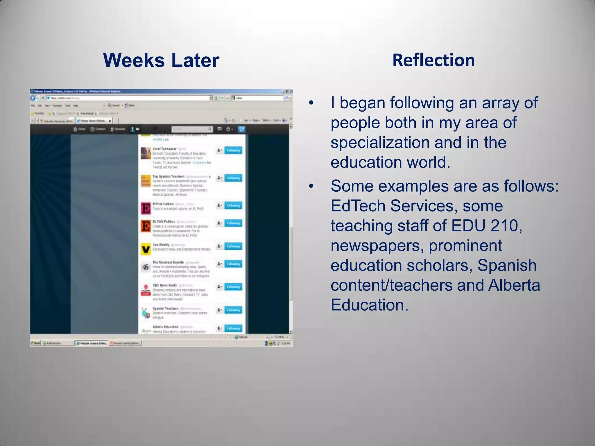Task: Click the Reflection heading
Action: pyautogui.click(x=433, y=60)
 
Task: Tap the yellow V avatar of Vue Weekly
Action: pyautogui.click(x=146, y=249)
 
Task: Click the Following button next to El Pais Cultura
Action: pyautogui.click(x=233, y=206)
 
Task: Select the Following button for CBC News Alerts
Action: pyautogui.click(x=233, y=287)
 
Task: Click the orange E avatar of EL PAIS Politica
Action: pyautogui.click(x=146, y=226)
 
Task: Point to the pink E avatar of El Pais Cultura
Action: pyautogui.click(x=146, y=208)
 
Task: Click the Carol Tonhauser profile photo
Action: pyautogui.click(x=146, y=153)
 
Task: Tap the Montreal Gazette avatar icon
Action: pyautogui.click(x=146, y=267)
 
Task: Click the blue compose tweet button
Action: pyautogui.click(x=241, y=129)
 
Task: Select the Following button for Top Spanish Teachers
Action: pyautogui.click(x=233, y=178)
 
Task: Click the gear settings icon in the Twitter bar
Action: pyautogui.click(x=229, y=129)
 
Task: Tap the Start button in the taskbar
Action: pyautogui.click(x=35, y=343)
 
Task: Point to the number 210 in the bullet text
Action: pyautogui.click(x=506, y=226)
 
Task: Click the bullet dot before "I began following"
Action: pyautogui.click(x=311, y=103)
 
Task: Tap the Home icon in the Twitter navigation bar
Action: pyautogui.click(x=79, y=129)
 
